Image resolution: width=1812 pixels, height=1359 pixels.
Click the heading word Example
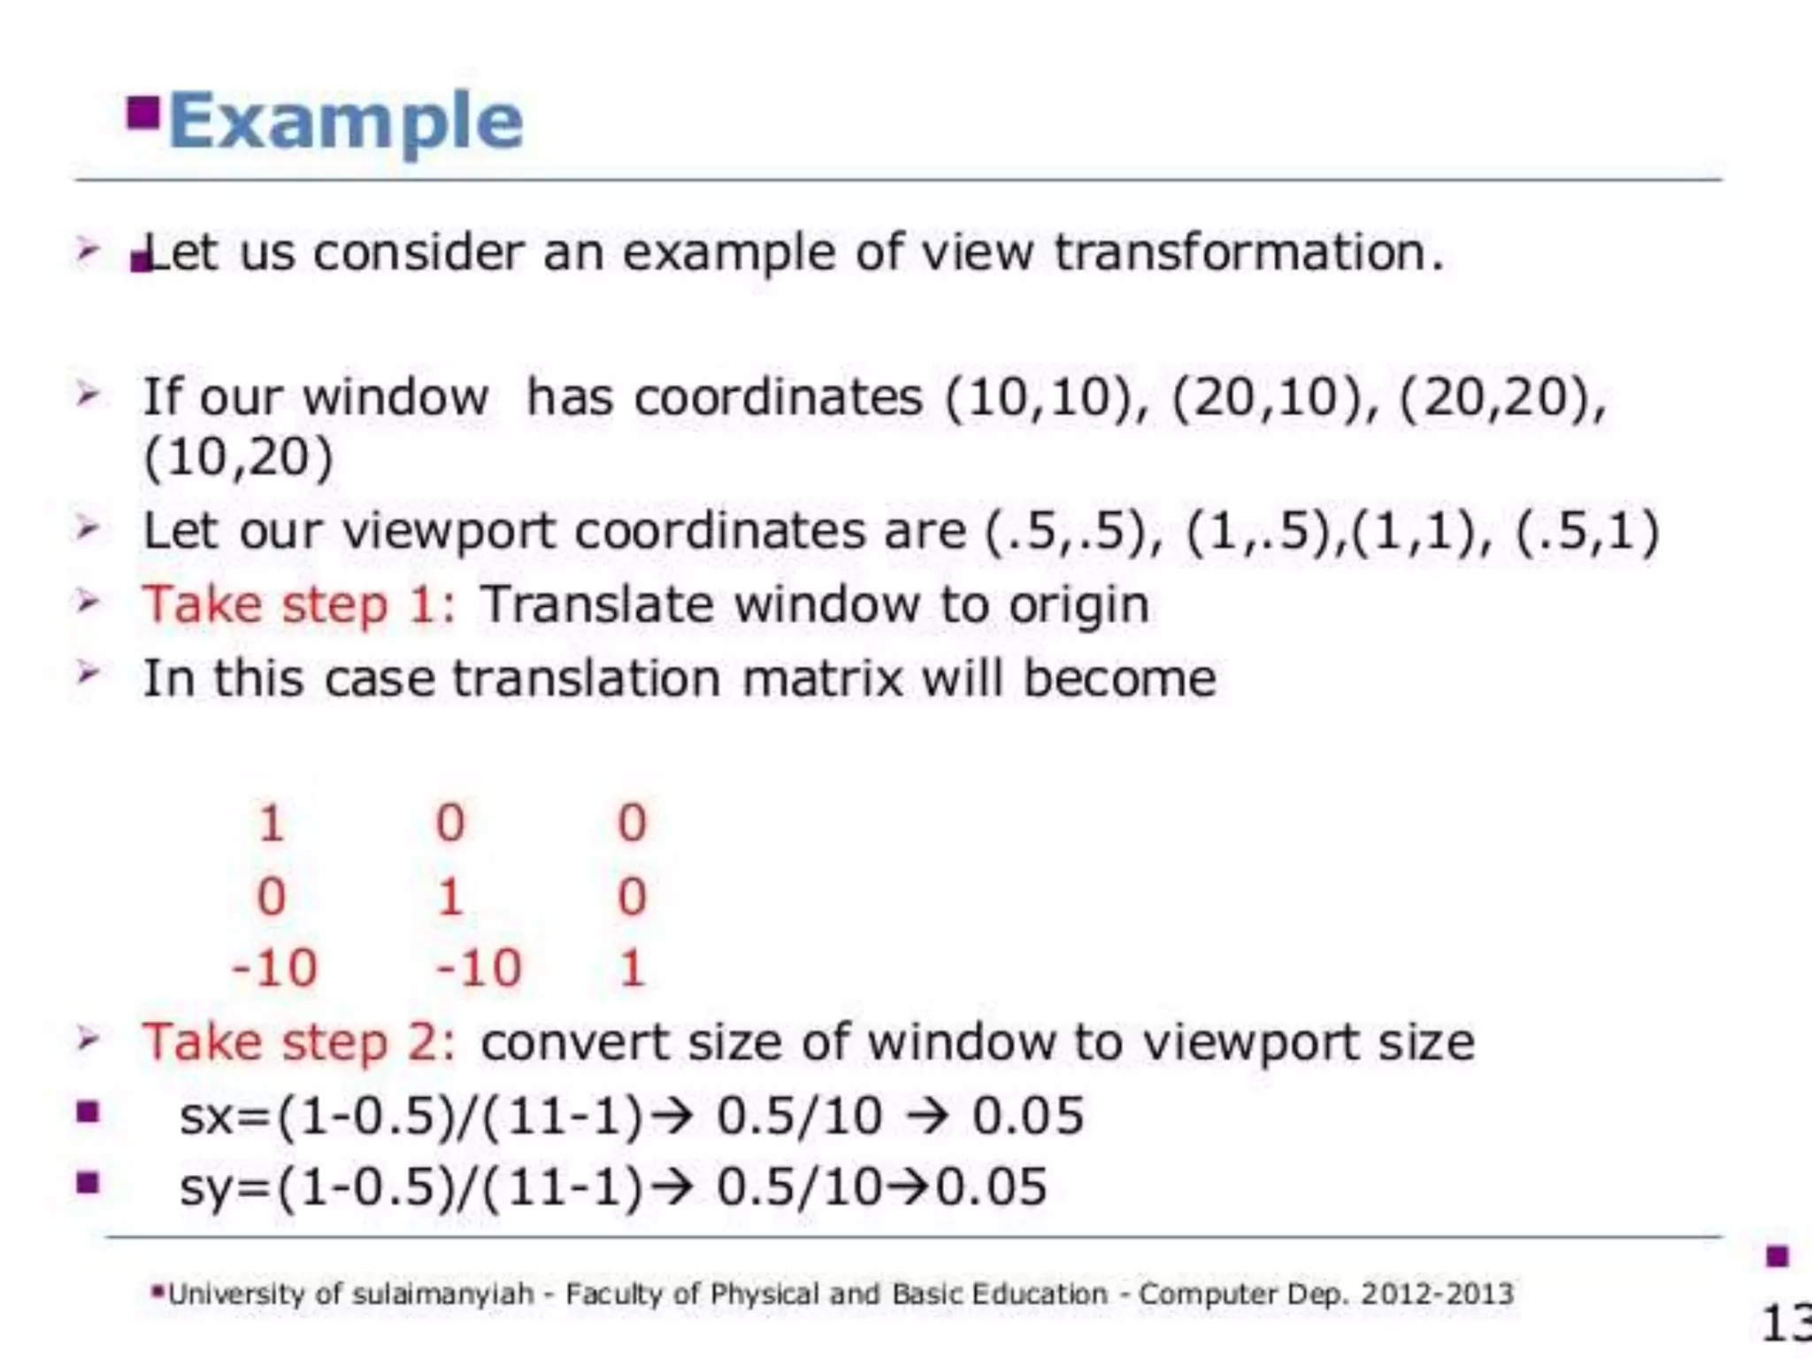click(x=346, y=121)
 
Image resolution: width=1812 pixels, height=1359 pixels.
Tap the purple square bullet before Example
click(x=142, y=112)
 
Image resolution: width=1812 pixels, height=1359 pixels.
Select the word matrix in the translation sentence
click(x=822, y=679)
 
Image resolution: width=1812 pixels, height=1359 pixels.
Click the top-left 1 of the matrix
click(x=271, y=824)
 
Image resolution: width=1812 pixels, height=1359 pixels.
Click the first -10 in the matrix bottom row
click(x=274, y=968)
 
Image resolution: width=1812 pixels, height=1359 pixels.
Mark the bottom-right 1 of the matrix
click(x=632, y=968)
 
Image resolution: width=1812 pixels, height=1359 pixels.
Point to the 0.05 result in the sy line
click(x=992, y=1187)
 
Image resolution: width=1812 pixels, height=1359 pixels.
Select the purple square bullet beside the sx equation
click(x=88, y=1112)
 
